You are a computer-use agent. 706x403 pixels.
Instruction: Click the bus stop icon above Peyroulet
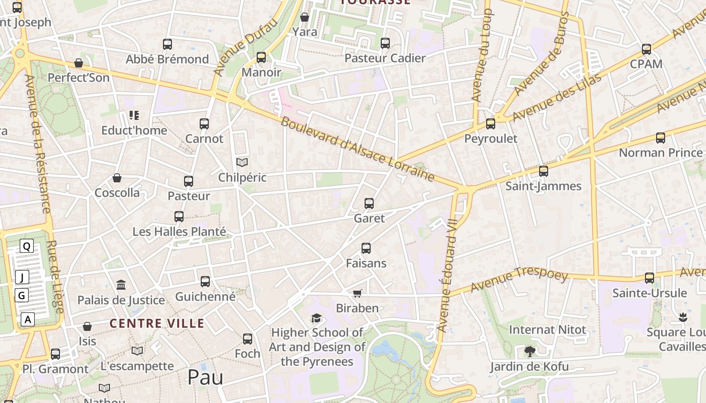pos(490,124)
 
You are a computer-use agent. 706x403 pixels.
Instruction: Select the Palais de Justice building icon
pos(121,286)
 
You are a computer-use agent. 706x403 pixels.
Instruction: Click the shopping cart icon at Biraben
pos(357,293)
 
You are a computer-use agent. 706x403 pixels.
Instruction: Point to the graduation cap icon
pos(316,318)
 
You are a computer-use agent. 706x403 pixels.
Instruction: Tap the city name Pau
pos(205,377)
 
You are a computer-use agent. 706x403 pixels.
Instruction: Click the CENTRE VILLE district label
pos(157,323)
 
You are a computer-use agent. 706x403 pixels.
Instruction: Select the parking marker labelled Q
pos(27,246)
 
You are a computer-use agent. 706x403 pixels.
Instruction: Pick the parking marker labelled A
pos(28,319)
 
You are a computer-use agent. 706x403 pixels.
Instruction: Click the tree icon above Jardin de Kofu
pos(529,351)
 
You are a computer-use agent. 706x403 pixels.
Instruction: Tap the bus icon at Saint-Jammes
pos(543,171)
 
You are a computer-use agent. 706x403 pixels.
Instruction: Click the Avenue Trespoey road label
pos(519,280)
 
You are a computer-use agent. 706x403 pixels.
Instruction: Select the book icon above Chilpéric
pos(242,162)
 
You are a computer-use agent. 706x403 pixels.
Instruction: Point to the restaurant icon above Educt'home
pos(134,115)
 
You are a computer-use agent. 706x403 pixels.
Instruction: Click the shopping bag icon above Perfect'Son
pos(78,63)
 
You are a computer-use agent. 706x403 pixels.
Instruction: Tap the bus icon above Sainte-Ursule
pos(650,278)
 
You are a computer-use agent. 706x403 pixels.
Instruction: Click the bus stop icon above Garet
pos(369,204)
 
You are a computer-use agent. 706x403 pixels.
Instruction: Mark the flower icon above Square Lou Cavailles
pos(683,317)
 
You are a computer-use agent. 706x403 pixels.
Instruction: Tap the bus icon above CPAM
pos(646,49)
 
